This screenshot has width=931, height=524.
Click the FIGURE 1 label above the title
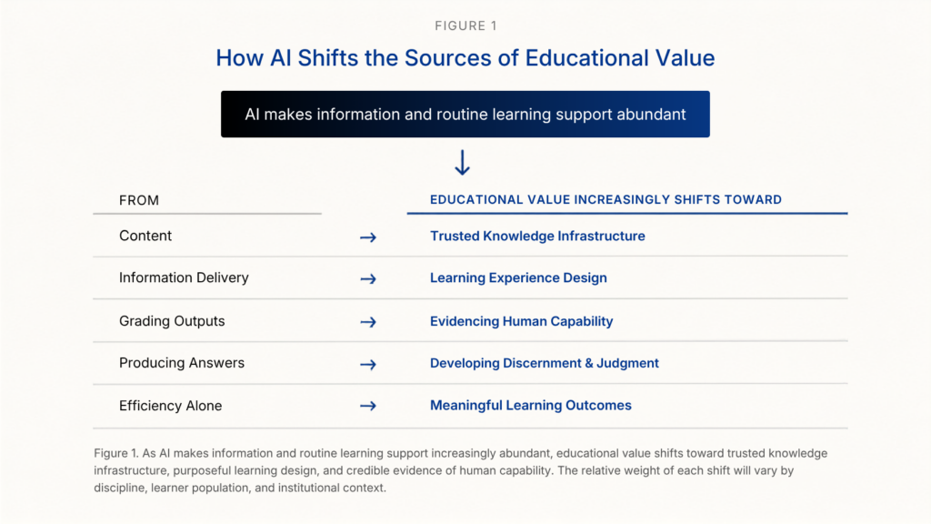465,25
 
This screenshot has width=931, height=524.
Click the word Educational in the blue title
586,57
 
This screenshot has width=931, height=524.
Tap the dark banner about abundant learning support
465,114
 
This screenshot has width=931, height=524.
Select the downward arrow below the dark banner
462,162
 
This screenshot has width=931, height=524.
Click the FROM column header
139,200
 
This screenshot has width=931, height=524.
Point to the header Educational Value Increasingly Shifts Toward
606,199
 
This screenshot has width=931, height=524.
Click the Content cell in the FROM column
145,236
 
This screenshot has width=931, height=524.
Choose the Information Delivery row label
184,277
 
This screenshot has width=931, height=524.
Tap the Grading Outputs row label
172,321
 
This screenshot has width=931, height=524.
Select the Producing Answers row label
182,363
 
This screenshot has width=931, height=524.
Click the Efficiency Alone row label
170,406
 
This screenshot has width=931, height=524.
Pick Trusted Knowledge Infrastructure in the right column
537,236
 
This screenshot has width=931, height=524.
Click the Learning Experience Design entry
518,278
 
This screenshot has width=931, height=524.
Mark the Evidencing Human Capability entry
521,321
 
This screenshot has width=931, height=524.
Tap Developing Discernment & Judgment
545,363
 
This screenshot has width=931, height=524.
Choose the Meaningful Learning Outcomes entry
531,405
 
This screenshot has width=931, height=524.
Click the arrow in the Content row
368,237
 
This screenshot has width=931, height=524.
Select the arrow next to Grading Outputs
368,322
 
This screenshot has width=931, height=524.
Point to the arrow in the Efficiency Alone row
368,406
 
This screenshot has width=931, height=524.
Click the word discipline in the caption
119,488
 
